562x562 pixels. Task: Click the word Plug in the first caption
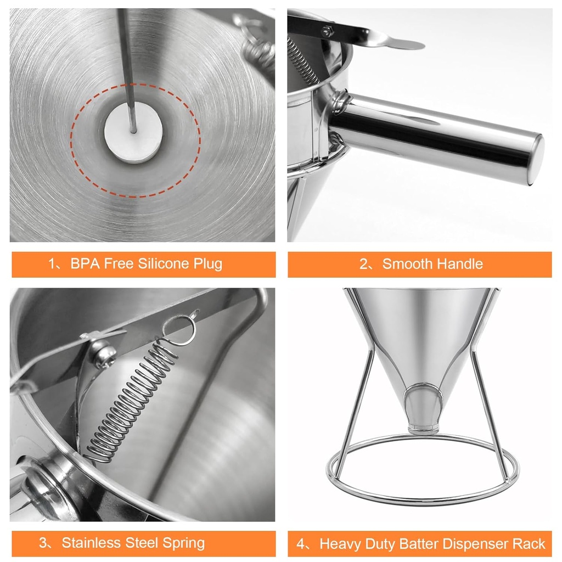point(207,263)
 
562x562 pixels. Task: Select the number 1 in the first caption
point(52,264)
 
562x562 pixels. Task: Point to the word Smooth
point(407,264)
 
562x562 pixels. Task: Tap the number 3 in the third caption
point(43,544)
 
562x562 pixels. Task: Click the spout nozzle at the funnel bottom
point(423,409)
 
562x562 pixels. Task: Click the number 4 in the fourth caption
point(300,544)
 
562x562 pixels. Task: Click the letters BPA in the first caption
point(84,263)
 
